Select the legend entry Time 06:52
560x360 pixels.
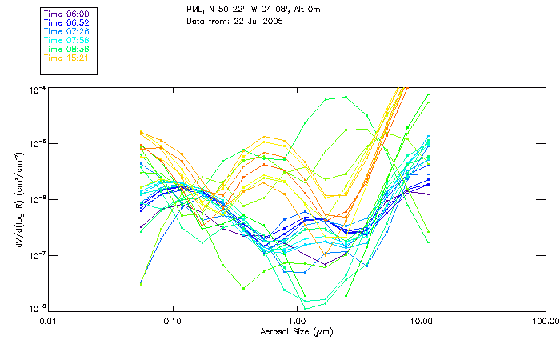(x=66, y=23)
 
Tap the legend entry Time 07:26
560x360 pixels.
(x=66, y=32)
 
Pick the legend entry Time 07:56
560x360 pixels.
(x=66, y=41)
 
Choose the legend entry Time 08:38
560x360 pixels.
(x=66, y=50)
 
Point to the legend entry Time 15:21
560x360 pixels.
(x=66, y=58)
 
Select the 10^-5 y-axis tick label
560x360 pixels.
(x=37, y=143)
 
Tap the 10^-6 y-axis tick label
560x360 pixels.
(x=37, y=199)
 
